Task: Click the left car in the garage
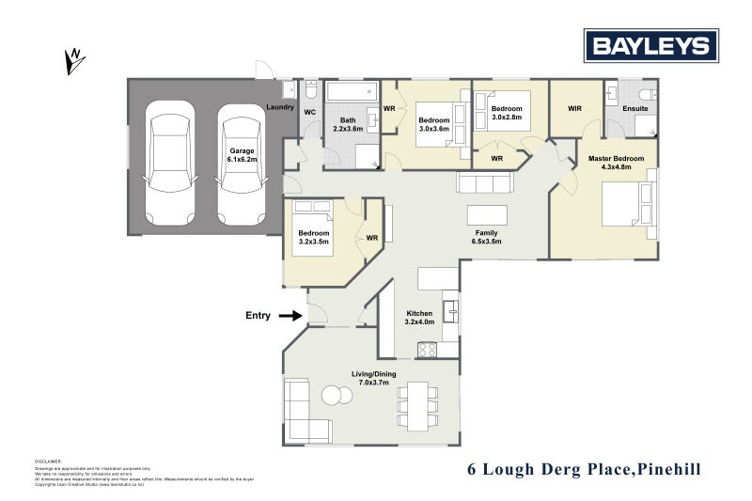point(170,164)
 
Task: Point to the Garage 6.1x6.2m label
point(242,155)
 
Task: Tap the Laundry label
point(280,108)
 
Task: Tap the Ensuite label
point(635,108)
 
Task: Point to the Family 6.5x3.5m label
point(487,237)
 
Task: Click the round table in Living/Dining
point(334,396)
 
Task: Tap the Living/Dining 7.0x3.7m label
point(374,378)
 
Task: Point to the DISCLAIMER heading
point(48,462)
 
